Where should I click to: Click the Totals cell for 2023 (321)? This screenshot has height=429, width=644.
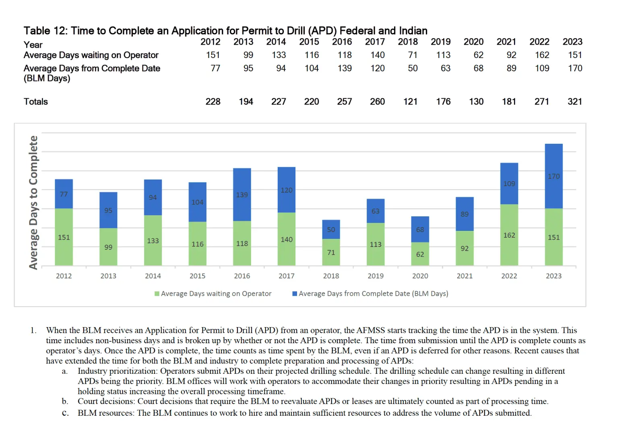575,102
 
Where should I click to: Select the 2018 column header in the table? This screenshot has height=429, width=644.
408,42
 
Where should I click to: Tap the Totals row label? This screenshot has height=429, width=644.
36,102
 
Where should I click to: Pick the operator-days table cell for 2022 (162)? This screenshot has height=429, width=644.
542,55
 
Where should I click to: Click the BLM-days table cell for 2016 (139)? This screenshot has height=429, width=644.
345,68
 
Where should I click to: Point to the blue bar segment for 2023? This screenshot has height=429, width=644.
553,176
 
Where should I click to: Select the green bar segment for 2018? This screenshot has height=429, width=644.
331,252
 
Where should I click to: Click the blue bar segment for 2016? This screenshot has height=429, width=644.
242,195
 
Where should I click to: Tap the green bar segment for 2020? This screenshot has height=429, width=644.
420,254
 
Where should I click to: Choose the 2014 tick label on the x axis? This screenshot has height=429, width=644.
153,276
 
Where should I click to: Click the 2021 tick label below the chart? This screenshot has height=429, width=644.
464,276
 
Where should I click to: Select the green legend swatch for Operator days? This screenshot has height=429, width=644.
157,294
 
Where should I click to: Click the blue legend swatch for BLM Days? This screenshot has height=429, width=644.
295,294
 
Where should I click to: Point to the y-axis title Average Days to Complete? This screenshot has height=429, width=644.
33,202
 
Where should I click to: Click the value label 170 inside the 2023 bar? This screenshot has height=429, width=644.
553,176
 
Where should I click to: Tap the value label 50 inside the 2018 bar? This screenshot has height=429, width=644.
331,230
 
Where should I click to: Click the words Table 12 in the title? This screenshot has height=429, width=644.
45,31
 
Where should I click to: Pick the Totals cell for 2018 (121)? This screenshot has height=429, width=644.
410,102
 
